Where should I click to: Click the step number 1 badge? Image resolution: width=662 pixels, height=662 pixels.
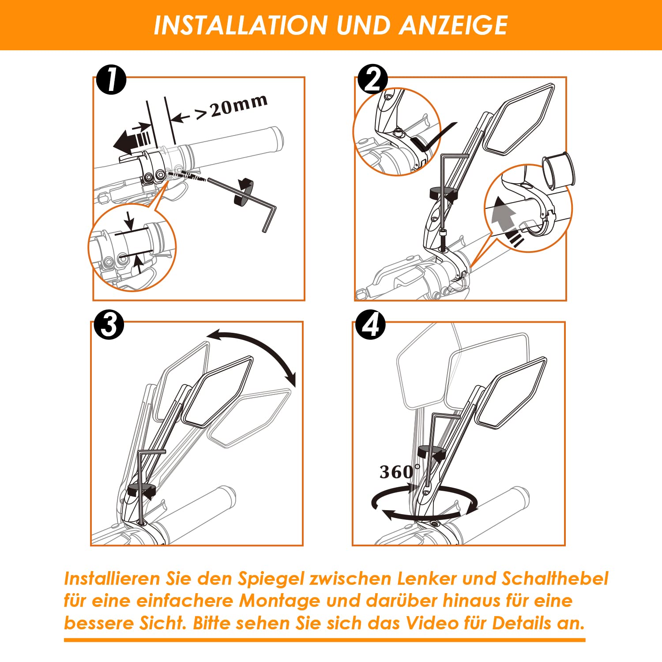coord(111,80)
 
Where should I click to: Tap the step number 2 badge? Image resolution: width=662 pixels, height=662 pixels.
coord(373,79)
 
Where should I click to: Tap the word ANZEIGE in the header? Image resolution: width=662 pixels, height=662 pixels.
coord(454,25)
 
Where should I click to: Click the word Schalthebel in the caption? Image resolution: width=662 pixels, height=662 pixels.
coord(555,578)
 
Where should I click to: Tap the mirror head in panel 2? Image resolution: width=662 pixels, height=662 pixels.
coord(519,119)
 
